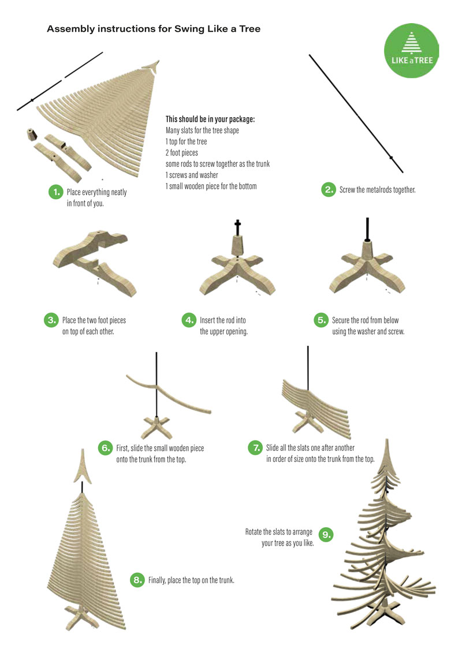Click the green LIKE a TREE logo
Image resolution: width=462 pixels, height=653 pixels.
coord(411,50)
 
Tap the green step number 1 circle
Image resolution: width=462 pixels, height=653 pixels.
coord(55,192)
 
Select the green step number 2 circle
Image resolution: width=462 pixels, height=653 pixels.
coord(328,189)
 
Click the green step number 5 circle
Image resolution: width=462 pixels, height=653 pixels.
coord(321,320)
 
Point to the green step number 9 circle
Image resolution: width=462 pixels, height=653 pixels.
coord(326,535)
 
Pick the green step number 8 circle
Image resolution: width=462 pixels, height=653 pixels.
coord(137,580)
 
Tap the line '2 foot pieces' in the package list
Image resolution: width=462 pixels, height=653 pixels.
coord(182,153)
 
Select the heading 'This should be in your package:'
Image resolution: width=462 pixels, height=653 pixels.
coord(210,119)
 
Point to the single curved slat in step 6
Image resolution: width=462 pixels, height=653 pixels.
coord(169,393)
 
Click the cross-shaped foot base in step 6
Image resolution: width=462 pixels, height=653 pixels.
coord(157,427)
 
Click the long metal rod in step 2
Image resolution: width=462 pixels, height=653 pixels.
coord(356,113)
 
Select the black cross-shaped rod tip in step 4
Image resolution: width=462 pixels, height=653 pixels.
coord(237,227)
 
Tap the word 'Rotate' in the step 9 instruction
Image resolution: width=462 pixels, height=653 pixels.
coord(254,532)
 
